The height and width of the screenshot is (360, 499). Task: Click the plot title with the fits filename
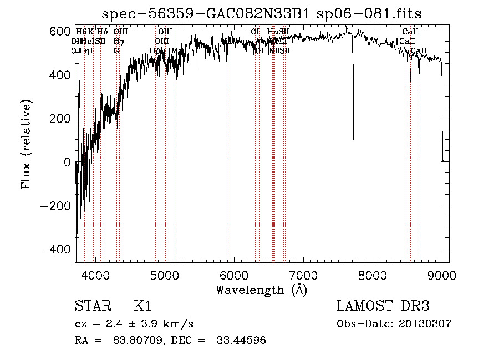263,14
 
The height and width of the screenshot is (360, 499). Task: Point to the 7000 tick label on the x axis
303,275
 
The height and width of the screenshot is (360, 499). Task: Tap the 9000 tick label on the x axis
442,275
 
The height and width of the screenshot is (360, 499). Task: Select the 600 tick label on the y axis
59,31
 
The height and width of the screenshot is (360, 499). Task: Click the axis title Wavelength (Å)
261,290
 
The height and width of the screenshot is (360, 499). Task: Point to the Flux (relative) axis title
27,145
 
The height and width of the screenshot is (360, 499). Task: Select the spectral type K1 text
142,306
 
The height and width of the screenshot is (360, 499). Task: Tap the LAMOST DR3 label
383,306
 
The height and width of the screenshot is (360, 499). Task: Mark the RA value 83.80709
136,341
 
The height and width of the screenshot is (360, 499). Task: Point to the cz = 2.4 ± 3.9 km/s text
134,324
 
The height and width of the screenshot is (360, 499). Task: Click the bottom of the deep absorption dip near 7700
353,138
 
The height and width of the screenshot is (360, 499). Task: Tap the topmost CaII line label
410,32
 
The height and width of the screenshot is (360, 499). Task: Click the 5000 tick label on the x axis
165,275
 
